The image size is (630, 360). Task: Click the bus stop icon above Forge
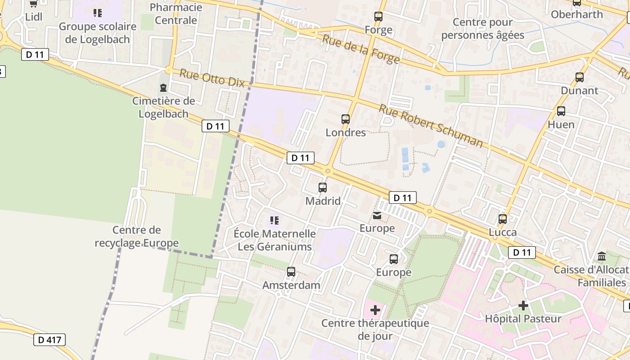pyautogui.click(x=378, y=17)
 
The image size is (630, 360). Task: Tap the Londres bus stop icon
pyautogui.click(x=346, y=119)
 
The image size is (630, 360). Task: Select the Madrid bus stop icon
pyautogui.click(x=323, y=188)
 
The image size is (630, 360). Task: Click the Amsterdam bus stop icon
pyautogui.click(x=291, y=272)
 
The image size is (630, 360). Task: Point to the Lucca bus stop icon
pyautogui.click(x=503, y=219)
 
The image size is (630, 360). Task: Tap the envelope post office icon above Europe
pyautogui.click(x=377, y=216)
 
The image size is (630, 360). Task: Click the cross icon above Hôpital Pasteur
pyautogui.click(x=523, y=306)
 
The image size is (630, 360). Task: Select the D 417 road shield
pyautogui.click(x=49, y=340)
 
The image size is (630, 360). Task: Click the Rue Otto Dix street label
pyautogui.click(x=212, y=77)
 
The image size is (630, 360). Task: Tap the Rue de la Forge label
pyautogui.click(x=360, y=49)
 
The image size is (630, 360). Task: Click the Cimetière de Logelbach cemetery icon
pyautogui.click(x=163, y=88)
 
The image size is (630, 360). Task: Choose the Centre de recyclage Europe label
pyautogui.click(x=137, y=237)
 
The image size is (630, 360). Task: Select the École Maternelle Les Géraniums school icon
pyautogui.click(x=274, y=220)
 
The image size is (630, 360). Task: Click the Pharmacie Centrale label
pyautogui.click(x=175, y=13)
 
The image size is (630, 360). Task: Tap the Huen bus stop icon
pyautogui.click(x=561, y=111)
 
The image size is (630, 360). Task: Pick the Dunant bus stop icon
pyautogui.click(x=580, y=77)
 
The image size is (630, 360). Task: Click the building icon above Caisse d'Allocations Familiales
pyautogui.click(x=602, y=256)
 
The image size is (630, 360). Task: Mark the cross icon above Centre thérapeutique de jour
pyautogui.click(x=375, y=310)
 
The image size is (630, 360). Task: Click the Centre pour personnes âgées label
pyautogui.click(x=483, y=28)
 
